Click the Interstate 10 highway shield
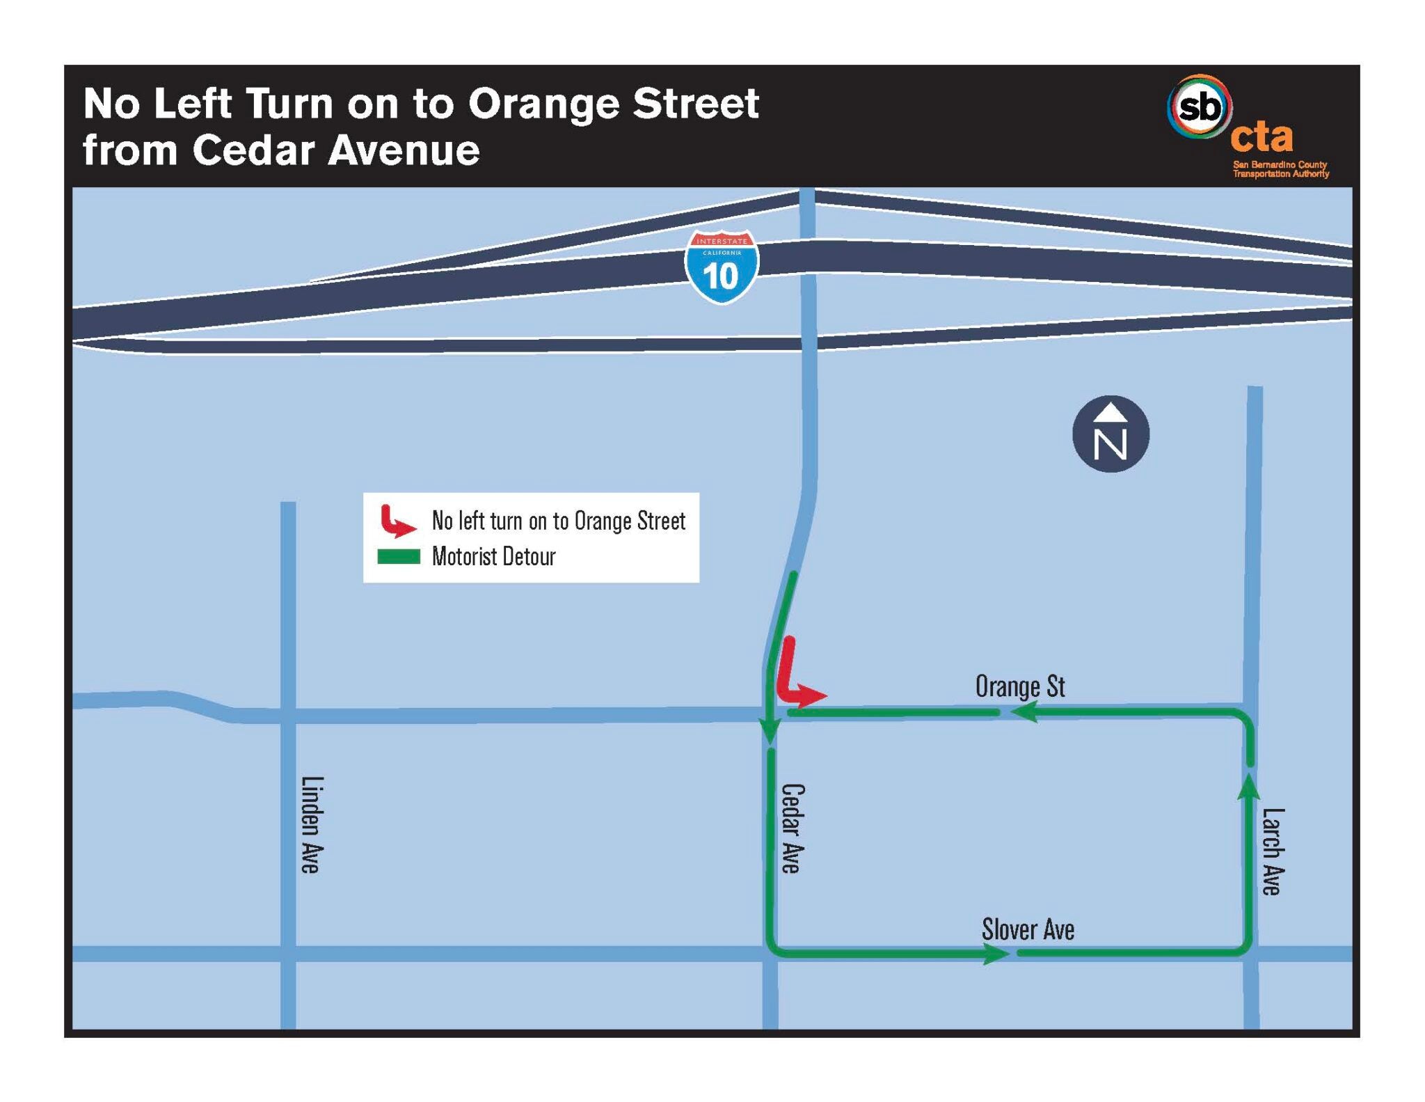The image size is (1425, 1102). [x=722, y=268]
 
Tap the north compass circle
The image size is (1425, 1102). [x=1110, y=434]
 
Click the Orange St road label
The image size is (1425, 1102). [x=1019, y=686]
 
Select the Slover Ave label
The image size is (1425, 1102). [x=1028, y=929]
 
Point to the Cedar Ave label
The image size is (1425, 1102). [x=793, y=828]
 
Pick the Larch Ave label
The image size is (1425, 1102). [x=1273, y=851]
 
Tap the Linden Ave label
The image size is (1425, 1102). [x=311, y=824]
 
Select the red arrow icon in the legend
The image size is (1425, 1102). [x=397, y=521]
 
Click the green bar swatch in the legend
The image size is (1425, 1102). [x=399, y=557]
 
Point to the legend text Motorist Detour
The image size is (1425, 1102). [x=493, y=557]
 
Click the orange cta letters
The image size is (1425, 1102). [x=1261, y=136]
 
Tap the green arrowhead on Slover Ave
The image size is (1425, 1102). [x=996, y=953]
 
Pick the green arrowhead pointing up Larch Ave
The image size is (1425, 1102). [x=1250, y=787]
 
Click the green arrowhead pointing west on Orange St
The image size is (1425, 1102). [x=1024, y=712]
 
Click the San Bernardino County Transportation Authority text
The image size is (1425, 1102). [x=1280, y=169]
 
